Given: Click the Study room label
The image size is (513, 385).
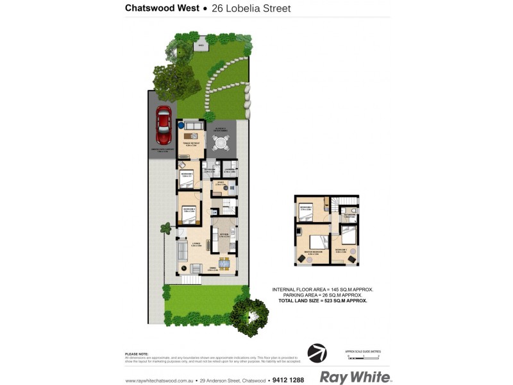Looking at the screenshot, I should pos(219,184).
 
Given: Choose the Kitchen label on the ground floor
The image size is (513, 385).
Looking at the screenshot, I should pos(224,234).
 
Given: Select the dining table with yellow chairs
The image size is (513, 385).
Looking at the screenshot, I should pos(223,262).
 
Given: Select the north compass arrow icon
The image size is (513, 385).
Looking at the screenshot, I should pos(317,353).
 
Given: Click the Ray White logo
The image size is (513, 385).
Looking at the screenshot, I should pos(355,377).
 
